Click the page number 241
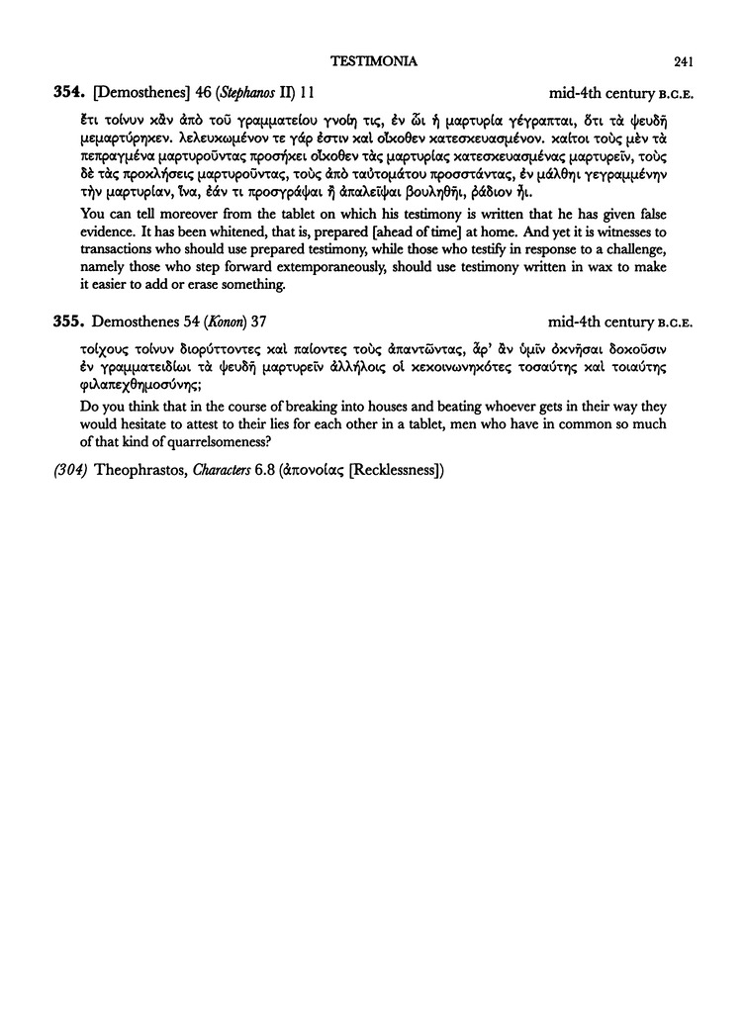click(x=682, y=62)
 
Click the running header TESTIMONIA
click(x=372, y=62)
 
